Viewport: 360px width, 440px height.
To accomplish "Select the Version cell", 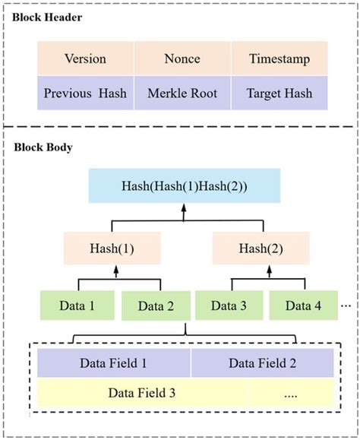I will coord(85,59).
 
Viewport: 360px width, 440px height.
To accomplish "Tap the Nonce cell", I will coord(182,59).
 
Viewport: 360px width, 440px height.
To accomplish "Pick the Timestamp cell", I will coord(279,59).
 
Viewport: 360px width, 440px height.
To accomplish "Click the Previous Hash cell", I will coord(85,93).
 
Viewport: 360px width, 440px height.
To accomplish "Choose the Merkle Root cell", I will coord(182,93).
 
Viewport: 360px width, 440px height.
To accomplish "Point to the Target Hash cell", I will coord(279,93).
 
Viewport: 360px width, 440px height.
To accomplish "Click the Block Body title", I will coord(43,147).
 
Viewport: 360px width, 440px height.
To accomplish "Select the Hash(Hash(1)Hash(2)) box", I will coord(183,186).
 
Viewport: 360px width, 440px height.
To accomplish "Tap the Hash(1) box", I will coord(114,248).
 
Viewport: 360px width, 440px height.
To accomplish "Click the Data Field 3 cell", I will coord(142,394).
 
